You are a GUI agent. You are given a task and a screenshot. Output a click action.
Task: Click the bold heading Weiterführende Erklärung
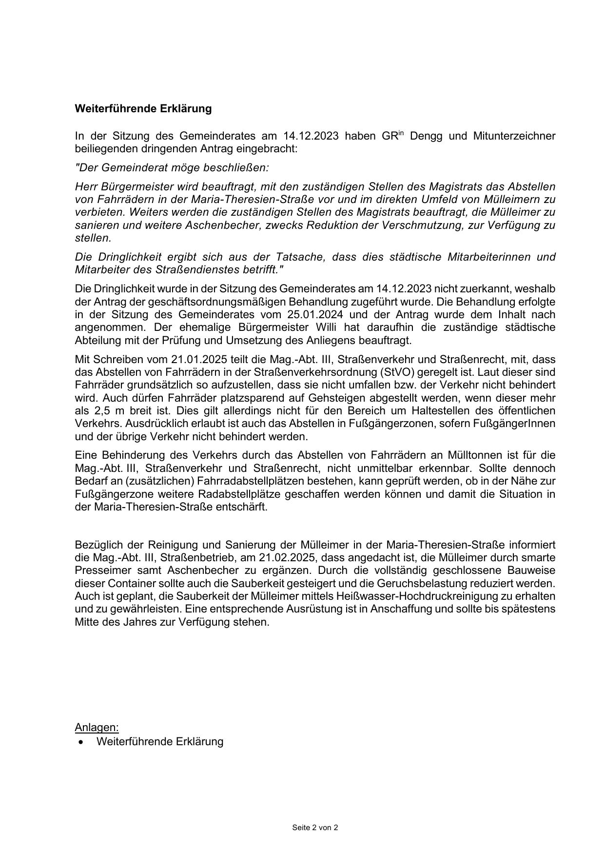click(143, 108)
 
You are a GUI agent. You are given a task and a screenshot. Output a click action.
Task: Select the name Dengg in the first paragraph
click(426, 136)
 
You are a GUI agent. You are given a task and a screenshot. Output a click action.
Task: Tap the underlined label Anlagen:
click(97, 727)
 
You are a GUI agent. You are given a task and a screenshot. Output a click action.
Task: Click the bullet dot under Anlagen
click(80, 742)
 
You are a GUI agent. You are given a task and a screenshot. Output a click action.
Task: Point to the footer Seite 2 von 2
click(315, 828)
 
